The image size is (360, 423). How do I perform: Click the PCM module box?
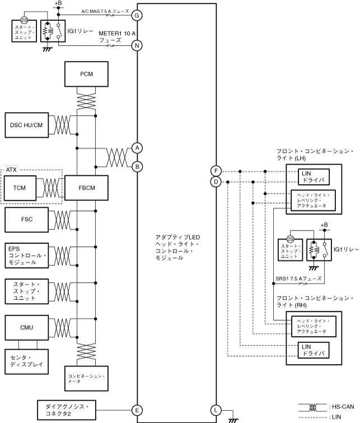(87, 74)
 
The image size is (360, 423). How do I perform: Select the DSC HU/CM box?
(26, 124)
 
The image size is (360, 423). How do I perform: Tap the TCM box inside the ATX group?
(22, 188)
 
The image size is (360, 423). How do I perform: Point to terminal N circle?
(137, 46)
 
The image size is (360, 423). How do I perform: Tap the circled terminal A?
(137, 147)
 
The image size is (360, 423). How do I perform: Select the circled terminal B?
(137, 166)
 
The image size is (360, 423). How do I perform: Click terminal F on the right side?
(216, 171)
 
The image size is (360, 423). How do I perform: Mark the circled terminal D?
(216, 182)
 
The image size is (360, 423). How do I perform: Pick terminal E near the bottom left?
(137, 410)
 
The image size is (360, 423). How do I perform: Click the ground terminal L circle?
(216, 410)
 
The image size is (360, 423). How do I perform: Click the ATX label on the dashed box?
(12, 168)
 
